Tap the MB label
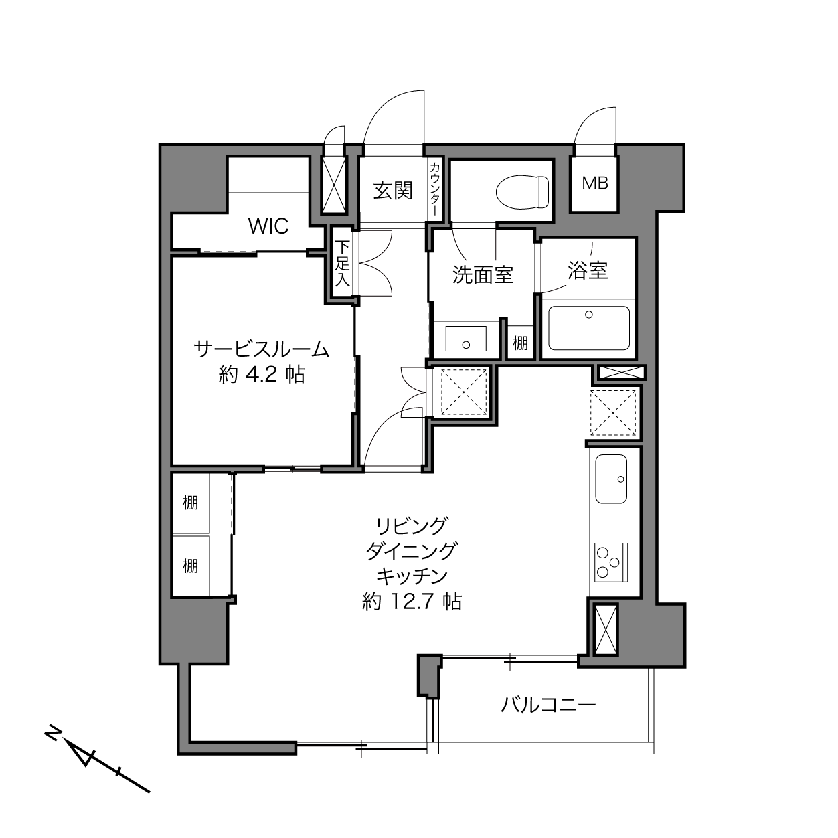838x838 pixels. [x=595, y=183]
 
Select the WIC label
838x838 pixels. [x=268, y=226]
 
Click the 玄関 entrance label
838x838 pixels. [x=393, y=191]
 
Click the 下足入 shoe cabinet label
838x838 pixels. [x=342, y=264]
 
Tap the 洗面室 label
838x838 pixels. [x=483, y=275]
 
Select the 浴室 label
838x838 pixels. [x=588, y=270]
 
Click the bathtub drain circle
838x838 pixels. [x=589, y=315]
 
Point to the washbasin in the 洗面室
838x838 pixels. [x=466, y=338]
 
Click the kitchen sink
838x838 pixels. [x=611, y=479]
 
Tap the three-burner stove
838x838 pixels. [x=611, y=562]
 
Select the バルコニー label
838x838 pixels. [x=548, y=705]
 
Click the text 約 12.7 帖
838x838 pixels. [x=412, y=602]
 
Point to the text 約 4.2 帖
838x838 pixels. [x=262, y=374]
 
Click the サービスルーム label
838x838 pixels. [x=261, y=349]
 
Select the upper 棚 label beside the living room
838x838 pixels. [x=190, y=503]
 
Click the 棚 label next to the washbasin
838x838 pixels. [x=520, y=343]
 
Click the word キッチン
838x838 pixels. [x=412, y=577]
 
